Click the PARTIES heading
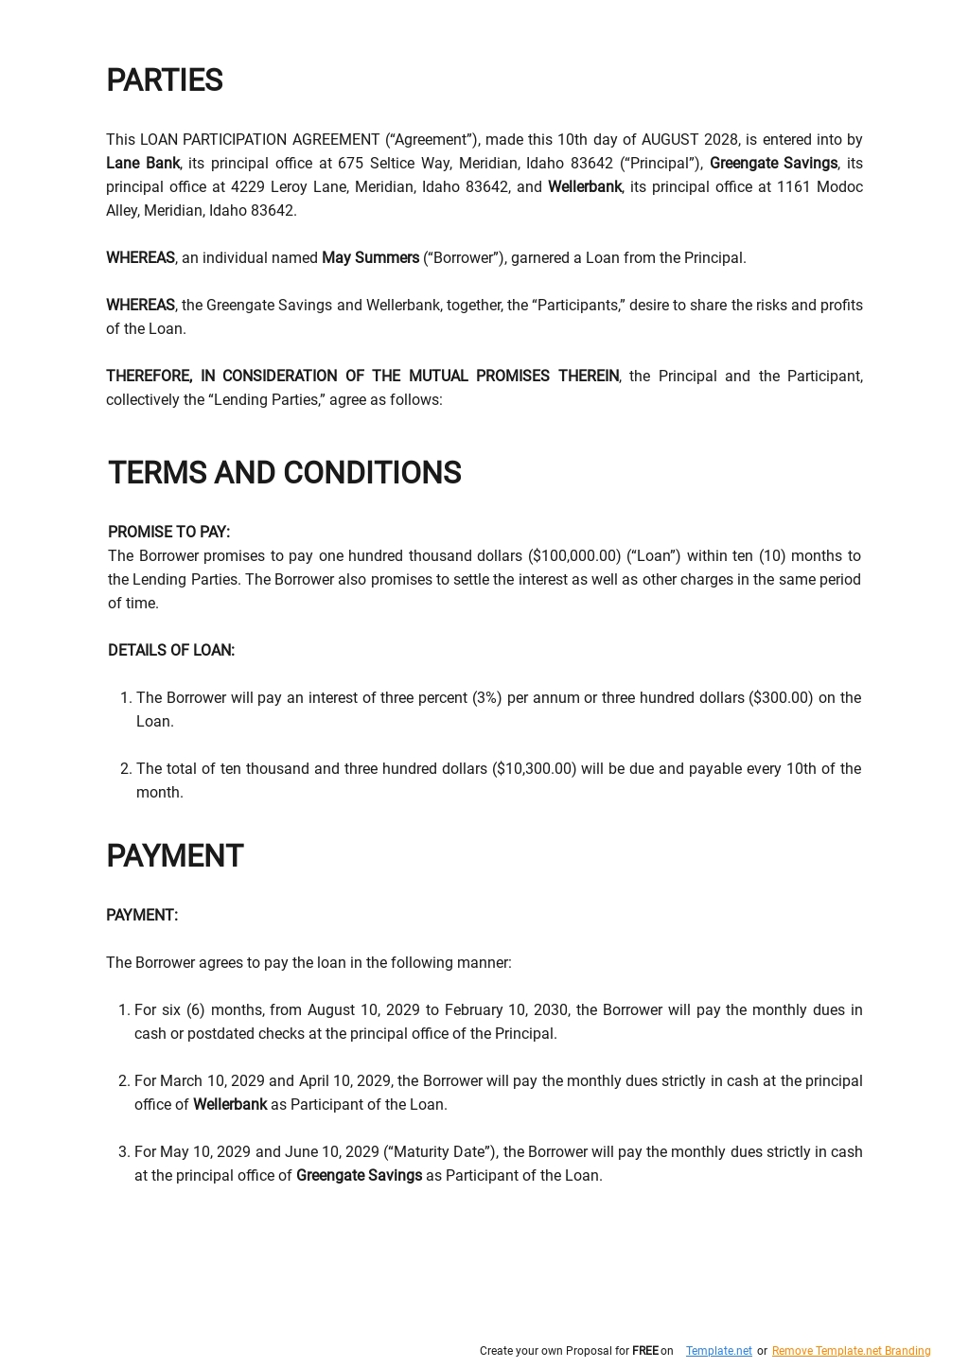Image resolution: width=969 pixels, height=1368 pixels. click(x=164, y=81)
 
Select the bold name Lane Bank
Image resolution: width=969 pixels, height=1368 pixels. click(x=143, y=164)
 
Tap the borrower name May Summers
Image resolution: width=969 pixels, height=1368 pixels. click(x=370, y=258)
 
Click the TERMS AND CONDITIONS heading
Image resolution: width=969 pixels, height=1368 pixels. click(x=284, y=473)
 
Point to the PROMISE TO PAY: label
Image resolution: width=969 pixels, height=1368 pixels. click(x=168, y=533)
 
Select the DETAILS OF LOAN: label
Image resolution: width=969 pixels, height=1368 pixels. click(x=171, y=651)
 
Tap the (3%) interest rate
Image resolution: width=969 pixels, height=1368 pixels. click(x=486, y=698)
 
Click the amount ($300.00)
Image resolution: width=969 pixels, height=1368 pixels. click(x=781, y=698)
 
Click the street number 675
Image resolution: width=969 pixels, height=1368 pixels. click(x=350, y=164)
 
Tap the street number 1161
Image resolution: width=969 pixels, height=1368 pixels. click(x=792, y=187)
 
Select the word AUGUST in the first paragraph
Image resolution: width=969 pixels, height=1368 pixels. click(x=671, y=140)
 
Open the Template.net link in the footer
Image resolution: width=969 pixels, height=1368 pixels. click(x=718, y=1351)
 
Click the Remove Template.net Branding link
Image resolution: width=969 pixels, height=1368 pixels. click(x=851, y=1351)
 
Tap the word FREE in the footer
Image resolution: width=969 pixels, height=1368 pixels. click(x=644, y=1351)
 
